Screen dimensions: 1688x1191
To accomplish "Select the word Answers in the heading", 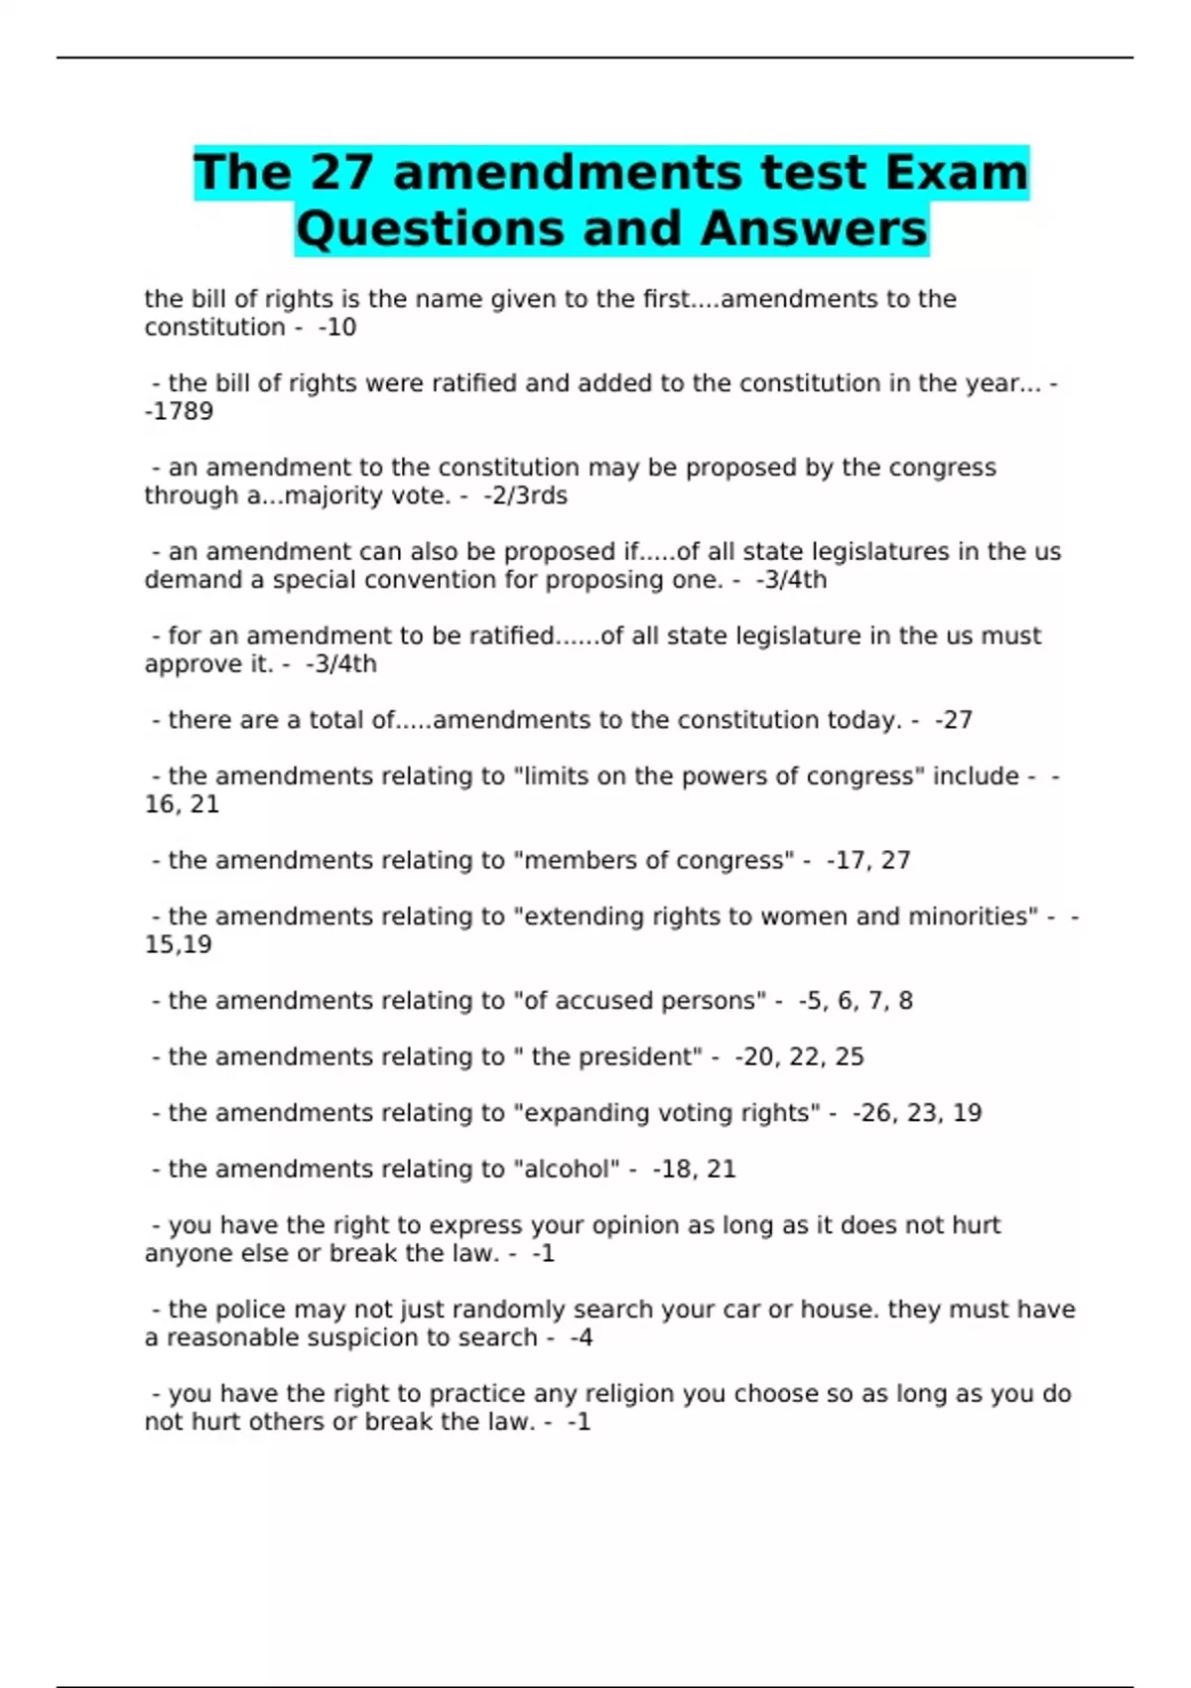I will click(814, 228).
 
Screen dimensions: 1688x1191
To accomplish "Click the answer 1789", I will click(182, 411).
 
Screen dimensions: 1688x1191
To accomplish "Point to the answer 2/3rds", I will click(528, 495).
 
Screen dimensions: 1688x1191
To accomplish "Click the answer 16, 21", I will click(182, 804).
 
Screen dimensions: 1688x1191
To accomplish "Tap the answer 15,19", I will click(179, 944).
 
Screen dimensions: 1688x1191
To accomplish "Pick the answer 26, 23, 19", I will click(920, 1112).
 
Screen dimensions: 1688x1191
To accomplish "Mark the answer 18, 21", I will click(698, 1169).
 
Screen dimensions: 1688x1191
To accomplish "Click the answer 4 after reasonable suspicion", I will click(585, 1337).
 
